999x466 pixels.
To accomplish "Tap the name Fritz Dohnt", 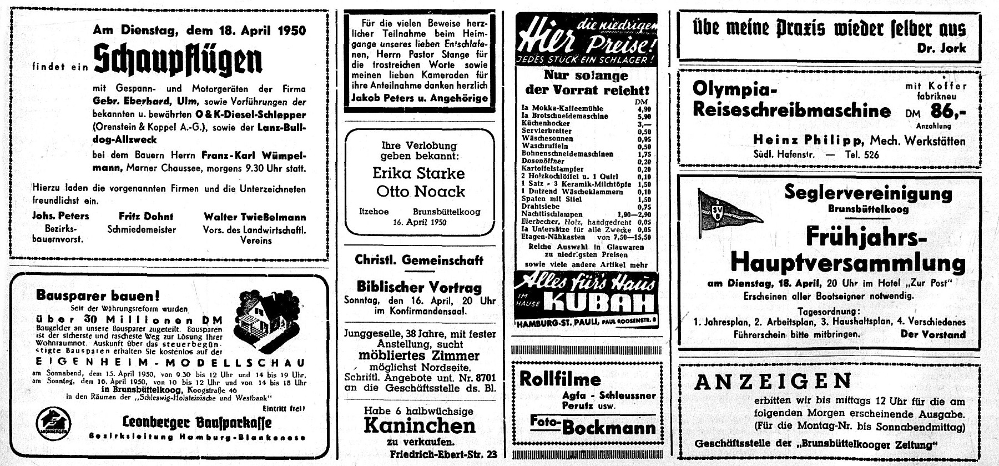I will [146, 217].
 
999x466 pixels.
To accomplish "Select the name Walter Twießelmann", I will [255, 217].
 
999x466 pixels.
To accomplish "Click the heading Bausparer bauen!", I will [98, 295].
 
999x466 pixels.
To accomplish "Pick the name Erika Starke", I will [418, 173].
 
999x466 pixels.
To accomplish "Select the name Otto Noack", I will [420, 192].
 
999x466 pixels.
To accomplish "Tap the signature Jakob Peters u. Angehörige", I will [420, 98].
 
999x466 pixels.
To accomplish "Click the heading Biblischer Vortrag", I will [419, 287].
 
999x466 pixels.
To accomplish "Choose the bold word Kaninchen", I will [420, 425].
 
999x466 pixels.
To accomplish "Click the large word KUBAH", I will [599, 303].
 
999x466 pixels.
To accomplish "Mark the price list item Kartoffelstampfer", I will [552, 169].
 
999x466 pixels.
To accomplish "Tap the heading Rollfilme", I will [560, 379].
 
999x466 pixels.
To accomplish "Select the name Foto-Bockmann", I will [593, 425].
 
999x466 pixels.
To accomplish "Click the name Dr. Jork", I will [941, 48].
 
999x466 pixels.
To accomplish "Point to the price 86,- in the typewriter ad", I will [947, 112].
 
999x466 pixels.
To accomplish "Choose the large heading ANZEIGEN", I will [773, 382].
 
